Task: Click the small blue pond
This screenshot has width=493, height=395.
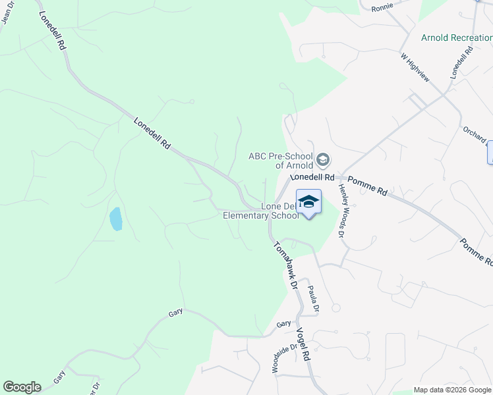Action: click(x=116, y=219)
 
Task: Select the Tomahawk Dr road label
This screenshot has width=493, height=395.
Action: click(x=286, y=264)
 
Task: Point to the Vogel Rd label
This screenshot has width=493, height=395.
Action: click(x=303, y=344)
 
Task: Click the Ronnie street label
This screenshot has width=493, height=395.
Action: click(x=382, y=7)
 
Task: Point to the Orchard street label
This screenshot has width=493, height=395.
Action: click(x=475, y=136)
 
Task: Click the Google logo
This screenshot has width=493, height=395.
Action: click(x=22, y=387)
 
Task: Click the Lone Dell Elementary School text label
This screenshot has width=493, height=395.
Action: click(x=261, y=211)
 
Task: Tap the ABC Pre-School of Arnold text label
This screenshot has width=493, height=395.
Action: click(x=280, y=161)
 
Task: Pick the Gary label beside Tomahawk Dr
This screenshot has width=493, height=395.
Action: click(x=283, y=324)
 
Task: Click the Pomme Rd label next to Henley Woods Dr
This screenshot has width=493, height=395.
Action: click(x=366, y=186)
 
